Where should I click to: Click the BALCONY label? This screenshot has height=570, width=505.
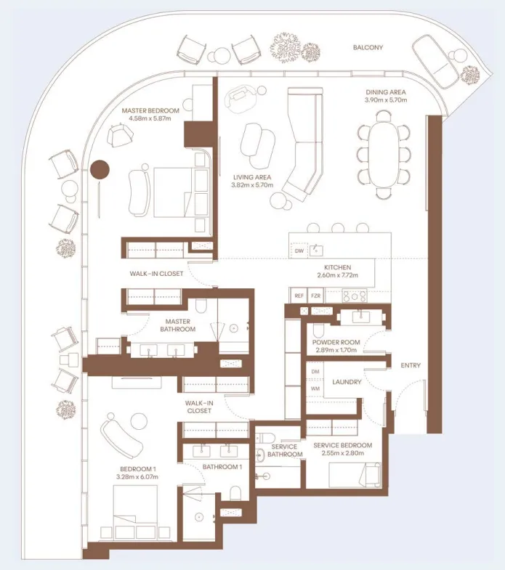pos(368,48)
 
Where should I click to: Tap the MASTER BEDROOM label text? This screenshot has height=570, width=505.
pos(150,110)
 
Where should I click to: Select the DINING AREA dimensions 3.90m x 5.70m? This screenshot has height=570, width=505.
pos(385,100)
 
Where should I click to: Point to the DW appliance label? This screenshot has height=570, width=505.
pos(299,251)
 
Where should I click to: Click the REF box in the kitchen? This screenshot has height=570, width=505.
pos(299,296)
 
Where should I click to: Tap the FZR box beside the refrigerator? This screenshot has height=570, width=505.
pos(315,296)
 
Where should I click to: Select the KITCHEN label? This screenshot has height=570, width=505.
pos(338,267)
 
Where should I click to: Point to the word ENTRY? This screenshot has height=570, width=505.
pos(411,365)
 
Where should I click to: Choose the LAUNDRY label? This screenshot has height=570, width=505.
pos(347,381)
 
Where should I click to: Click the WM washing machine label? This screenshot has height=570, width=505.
pos(315,389)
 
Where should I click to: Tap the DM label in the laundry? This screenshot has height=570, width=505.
pos(315,372)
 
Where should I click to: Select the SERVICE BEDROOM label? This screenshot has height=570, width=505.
pos(342,445)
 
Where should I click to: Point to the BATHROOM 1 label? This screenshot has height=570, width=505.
pos(222,466)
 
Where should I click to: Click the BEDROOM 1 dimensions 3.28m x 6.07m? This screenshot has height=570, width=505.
pos(137,476)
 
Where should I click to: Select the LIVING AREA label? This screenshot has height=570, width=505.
pos(251,176)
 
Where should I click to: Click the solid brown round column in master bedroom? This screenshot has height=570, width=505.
pos(100,169)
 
